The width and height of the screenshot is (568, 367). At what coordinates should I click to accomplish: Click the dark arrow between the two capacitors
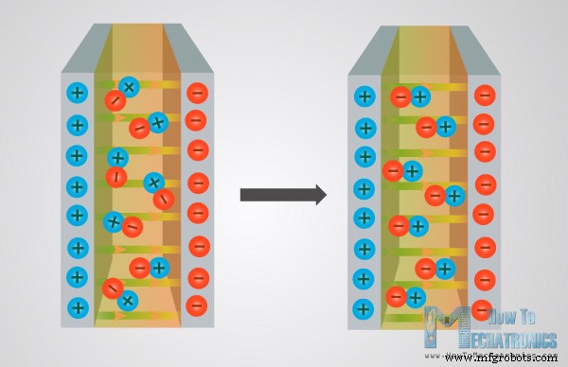click(x=282, y=195)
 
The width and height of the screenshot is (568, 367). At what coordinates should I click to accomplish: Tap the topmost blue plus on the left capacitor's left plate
click(x=78, y=94)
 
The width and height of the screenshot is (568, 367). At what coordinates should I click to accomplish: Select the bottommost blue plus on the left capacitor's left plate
click(x=78, y=306)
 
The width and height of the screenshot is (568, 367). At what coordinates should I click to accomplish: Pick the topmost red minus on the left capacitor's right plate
click(x=197, y=93)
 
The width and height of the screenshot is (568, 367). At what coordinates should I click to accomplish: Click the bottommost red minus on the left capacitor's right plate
click(x=197, y=306)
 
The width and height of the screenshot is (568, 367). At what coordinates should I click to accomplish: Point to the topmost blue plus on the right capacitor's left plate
click(x=364, y=96)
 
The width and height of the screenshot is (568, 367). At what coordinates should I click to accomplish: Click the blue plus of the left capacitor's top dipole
click(x=130, y=87)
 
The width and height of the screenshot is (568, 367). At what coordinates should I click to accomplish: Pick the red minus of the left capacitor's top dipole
click(x=114, y=99)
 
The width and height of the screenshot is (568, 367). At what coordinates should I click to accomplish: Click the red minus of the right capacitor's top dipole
click(x=401, y=96)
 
